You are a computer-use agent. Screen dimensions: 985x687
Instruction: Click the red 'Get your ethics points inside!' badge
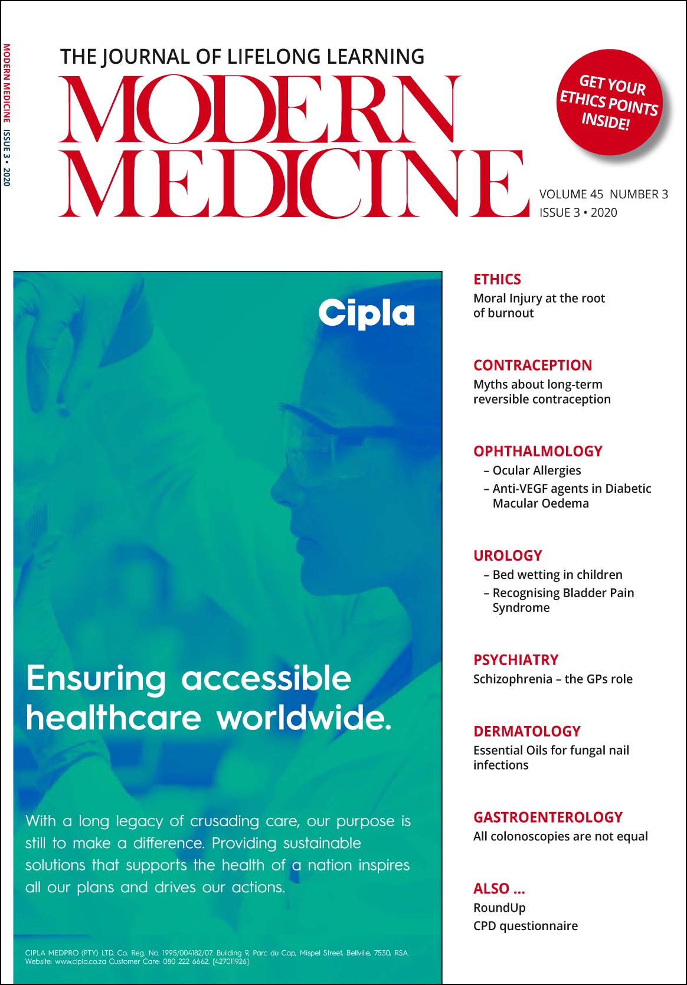(x=609, y=102)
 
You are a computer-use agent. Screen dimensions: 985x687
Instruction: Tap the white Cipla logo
(x=367, y=313)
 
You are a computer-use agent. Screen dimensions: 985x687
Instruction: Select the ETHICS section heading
(x=497, y=279)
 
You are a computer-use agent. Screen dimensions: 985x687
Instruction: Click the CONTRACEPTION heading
(x=532, y=365)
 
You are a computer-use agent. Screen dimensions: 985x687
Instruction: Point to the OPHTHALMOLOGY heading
(x=538, y=451)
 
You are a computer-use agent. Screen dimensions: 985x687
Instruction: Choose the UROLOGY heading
(x=508, y=555)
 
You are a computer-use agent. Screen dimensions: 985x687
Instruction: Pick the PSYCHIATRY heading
(x=516, y=660)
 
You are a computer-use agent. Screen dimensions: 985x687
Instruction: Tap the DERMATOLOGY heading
(x=527, y=731)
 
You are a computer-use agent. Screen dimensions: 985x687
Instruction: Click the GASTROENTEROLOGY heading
(x=548, y=817)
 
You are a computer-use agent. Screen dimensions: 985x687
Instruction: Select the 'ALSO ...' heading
(x=499, y=889)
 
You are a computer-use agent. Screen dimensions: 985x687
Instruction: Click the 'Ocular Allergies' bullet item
(x=536, y=470)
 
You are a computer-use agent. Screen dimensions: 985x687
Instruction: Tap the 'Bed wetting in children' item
(x=557, y=575)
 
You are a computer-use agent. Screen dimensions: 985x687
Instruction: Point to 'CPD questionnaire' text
(x=525, y=926)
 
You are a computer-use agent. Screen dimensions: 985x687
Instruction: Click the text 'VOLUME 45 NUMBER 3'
(x=603, y=194)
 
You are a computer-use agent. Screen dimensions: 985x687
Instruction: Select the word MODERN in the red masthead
(x=260, y=109)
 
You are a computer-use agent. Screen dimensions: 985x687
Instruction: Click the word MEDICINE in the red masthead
(x=293, y=183)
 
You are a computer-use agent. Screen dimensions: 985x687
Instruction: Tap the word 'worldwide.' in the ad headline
(x=303, y=718)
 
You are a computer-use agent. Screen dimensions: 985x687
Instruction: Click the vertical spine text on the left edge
(x=6, y=115)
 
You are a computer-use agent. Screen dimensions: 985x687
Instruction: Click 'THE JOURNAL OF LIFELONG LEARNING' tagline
(x=242, y=57)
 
